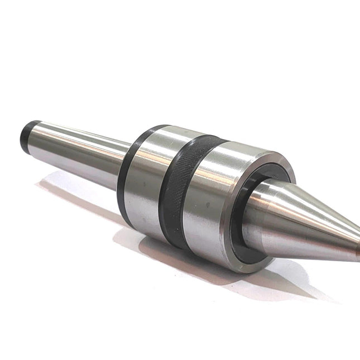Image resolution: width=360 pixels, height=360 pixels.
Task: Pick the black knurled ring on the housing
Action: tap(179, 190)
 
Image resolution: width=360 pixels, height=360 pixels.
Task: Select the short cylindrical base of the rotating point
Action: tap(262, 215)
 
